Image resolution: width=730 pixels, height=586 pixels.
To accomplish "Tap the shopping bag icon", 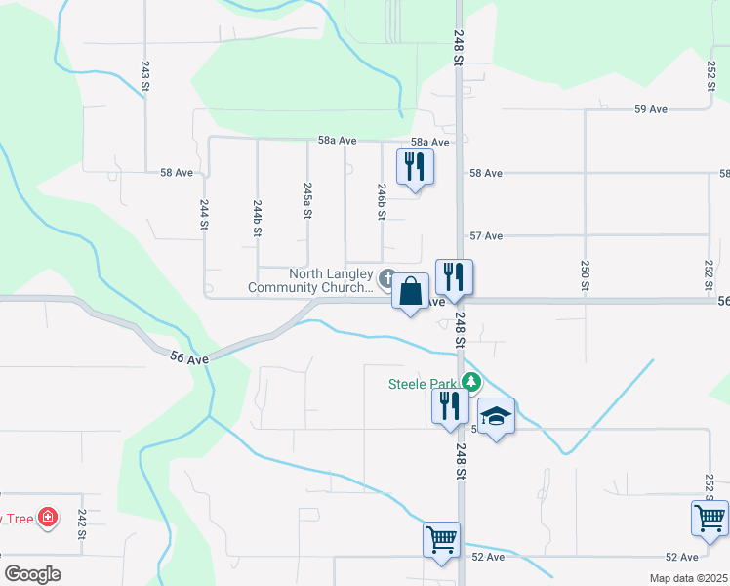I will point(411,290).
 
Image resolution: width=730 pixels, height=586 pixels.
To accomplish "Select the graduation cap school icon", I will point(497,416).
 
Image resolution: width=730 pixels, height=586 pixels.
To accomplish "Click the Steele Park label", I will point(424,383).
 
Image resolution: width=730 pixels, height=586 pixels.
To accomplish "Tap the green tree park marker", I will point(472,382).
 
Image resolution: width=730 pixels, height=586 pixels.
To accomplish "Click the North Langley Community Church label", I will point(311,281).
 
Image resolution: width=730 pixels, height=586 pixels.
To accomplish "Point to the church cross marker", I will point(387,280).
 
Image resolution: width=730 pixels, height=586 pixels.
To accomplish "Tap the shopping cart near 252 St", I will point(710,517).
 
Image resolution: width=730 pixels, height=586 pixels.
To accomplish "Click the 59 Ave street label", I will point(650,109).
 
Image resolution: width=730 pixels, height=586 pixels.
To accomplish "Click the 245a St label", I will point(307,199).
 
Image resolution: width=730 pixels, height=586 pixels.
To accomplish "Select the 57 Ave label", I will point(486,236).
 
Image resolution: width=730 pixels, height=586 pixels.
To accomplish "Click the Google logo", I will point(31,574).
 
